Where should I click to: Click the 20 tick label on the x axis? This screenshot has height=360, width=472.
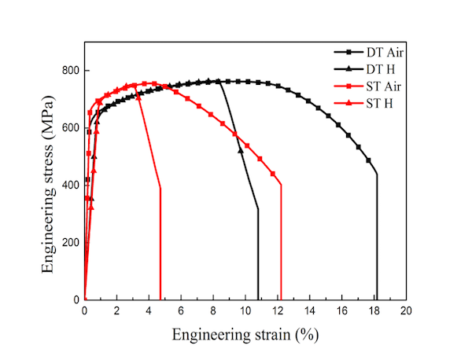pyautogui.click(x=406, y=311)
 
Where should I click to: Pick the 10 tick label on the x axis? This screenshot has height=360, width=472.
pyautogui.click(x=245, y=311)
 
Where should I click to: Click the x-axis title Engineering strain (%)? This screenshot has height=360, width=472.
pyautogui.click(x=245, y=335)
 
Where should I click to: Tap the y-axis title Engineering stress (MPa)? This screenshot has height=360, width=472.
pyautogui.click(x=49, y=186)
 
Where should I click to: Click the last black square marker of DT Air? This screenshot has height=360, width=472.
pyautogui.click(x=368, y=160)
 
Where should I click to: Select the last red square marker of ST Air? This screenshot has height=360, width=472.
pyautogui.click(x=273, y=174)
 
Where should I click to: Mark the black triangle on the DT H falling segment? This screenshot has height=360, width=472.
pyautogui.click(x=241, y=149)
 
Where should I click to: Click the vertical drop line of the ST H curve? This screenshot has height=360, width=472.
pyautogui.click(x=160, y=244)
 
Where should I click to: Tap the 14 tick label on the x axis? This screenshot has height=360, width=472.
pyautogui.click(x=310, y=311)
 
